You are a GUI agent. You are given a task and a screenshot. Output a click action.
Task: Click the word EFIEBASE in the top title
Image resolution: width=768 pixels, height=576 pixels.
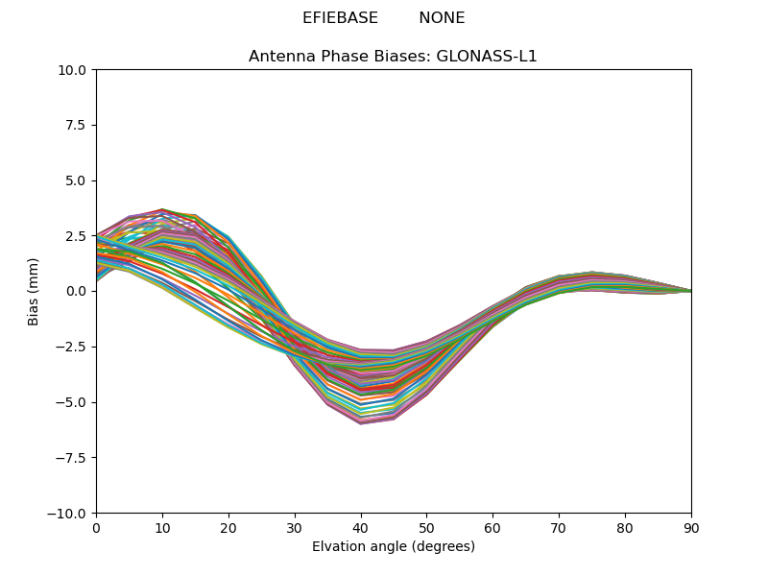[x=337, y=18]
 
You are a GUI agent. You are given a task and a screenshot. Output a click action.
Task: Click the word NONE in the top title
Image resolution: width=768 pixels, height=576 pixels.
[x=442, y=18]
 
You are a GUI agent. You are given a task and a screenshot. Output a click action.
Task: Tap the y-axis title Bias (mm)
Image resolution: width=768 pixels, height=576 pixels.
[x=34, y=291]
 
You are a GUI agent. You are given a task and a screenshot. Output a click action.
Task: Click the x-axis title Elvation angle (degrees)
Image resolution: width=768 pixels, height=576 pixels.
[x=394, y=547]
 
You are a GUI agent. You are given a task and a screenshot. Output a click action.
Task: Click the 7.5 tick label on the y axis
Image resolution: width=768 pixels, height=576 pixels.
[x=79, y=125]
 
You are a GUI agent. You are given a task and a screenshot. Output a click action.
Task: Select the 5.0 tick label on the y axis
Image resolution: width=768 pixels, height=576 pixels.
[x=79, y=180]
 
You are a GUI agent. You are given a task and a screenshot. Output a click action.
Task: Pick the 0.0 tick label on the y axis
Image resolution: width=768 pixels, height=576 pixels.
[x=79, y=291]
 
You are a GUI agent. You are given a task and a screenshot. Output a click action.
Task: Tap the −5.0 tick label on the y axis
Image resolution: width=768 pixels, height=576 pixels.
[x=75, y=402]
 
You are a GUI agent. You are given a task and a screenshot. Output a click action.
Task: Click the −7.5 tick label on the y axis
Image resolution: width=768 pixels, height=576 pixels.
[x=75, y=458]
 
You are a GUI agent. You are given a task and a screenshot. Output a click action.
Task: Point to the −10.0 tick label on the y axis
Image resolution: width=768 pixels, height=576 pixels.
[x=72, y=513]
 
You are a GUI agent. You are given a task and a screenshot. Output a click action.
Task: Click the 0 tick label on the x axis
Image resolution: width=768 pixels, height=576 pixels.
[x=96, y=527]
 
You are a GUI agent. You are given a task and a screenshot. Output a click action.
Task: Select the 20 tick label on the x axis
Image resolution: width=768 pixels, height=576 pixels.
[x=228, y=527]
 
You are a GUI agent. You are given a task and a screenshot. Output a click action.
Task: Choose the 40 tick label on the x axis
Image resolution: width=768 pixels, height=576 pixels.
[x=361, y=527]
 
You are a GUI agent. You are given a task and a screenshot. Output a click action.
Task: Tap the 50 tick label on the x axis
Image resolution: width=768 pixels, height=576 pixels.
[x=426, y=527]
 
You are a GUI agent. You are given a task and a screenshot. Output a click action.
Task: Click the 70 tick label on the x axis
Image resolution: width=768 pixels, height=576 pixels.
[x=559, y=527]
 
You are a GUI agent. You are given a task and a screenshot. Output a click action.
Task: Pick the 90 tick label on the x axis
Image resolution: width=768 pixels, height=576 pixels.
[x=691, y=527]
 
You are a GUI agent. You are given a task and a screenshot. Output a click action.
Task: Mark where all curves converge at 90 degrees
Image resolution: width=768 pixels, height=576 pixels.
[x=690, y=291]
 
